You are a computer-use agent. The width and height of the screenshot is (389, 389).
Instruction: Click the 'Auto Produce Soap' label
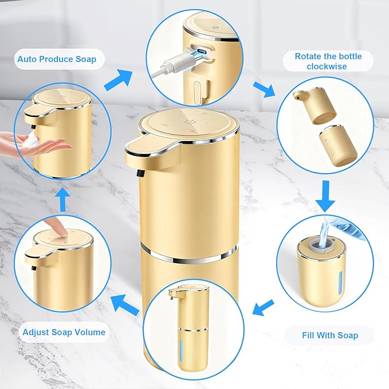[x=57, y=59]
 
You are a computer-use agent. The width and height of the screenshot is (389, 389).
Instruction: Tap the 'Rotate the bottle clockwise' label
[x=329, y=61]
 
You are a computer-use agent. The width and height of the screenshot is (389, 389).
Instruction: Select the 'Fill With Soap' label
[x=329, y=335]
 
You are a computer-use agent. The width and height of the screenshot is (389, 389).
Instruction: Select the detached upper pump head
[x=315, y=105]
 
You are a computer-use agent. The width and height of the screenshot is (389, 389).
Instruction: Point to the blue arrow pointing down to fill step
[x=325, y=197]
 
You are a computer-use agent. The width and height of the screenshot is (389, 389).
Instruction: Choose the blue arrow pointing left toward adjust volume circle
[x=124, y=302]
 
